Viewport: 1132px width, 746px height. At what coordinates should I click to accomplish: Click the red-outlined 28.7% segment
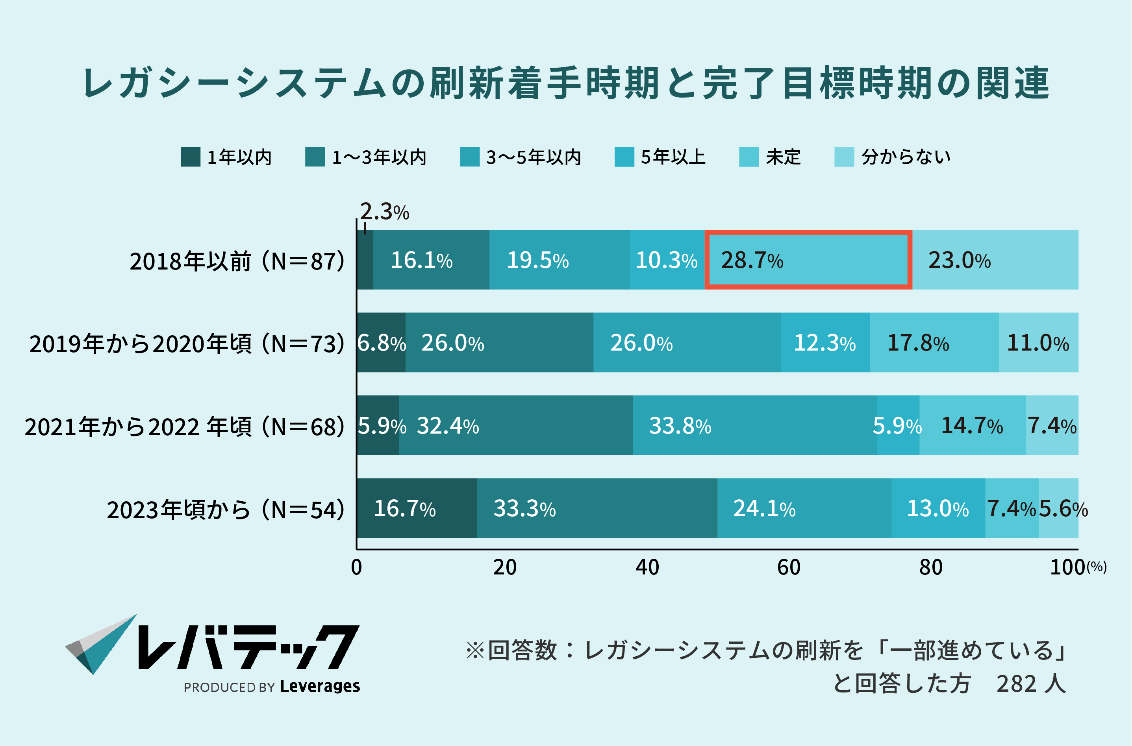coord(808,260)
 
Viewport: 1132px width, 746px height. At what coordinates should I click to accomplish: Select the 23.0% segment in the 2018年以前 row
coord(995,260)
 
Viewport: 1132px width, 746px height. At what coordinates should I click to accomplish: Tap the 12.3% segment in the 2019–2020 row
coord(825,343)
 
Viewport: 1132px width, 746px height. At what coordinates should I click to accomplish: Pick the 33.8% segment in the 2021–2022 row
coord(754,425)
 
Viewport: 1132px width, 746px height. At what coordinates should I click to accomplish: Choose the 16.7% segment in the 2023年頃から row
coord(417,508)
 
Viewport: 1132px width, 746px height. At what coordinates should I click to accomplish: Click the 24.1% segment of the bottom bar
coord(804,508)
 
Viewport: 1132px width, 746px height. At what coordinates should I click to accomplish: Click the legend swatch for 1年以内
coord(191,157)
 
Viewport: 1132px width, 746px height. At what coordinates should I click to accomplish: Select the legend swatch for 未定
coord(749,157)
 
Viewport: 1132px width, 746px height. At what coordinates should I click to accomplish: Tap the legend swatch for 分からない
coord(844,157)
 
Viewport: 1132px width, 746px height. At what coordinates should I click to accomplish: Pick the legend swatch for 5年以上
coord(624,157)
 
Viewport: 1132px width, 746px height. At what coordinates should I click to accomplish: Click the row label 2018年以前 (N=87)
coord(237,261)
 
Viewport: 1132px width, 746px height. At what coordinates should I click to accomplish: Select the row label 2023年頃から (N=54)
coord(225,510)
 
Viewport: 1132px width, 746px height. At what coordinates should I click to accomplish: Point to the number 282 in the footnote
coord(1016,684)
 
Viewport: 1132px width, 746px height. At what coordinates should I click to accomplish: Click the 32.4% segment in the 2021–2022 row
coord(516,425)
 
